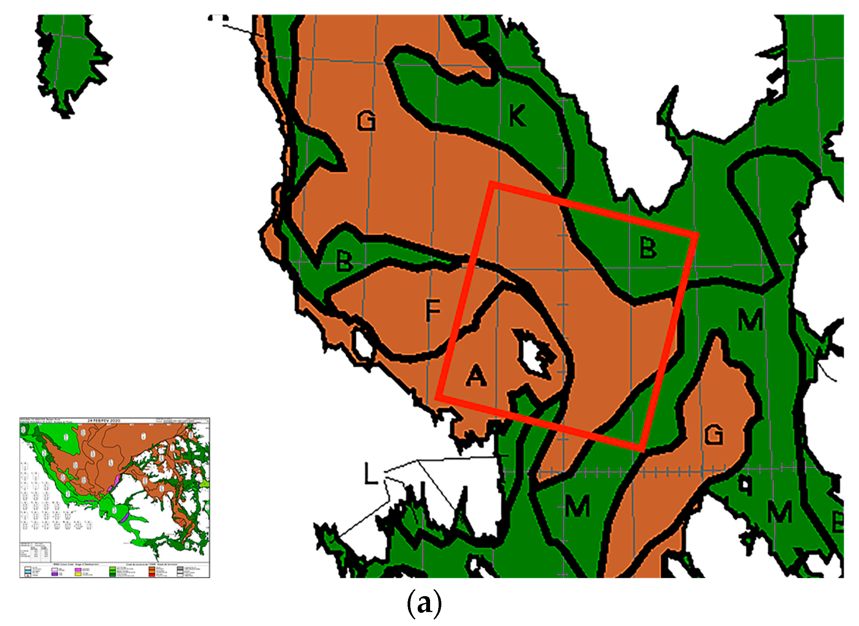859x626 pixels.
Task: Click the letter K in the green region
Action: pos(517,116)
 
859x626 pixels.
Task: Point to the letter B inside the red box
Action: pos(648,248)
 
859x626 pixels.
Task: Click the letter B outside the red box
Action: pos(344,261)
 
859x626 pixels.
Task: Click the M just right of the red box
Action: pos(750,319)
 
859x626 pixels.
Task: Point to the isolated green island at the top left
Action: pos(72,62)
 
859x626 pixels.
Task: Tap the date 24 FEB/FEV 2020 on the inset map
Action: pos(104,421)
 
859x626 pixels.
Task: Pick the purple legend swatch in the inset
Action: pos(55,574)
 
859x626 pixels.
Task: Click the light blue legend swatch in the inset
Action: pos(28,572)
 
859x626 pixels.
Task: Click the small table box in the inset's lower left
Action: pos(35,551)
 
